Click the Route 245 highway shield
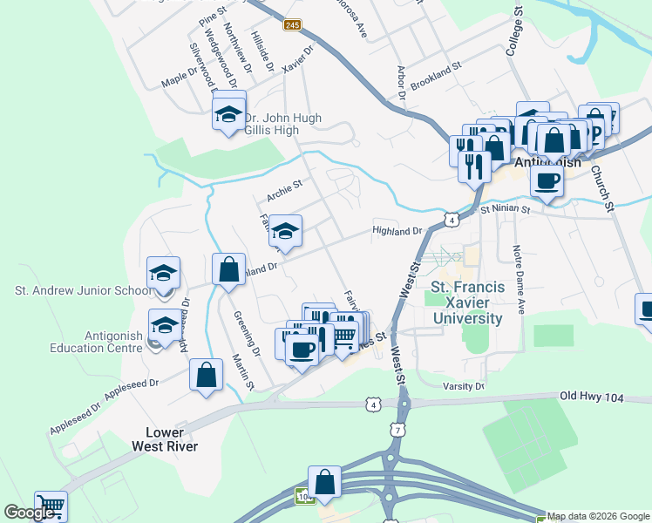[x=292, y=26]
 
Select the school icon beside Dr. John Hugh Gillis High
[x=229, y=113]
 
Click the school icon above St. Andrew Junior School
[x=163, y=273]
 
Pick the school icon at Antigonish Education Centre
[x=164, y=325]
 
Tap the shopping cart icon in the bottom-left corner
[x=51, y=505]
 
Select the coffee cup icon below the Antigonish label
[x=547, y=181]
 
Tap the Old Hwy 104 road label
[x=593, y=397]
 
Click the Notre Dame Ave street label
[x=519, y=279]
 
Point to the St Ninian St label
[x=505, y=209]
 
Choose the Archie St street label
[x=283, y=184]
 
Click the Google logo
[x=30, y=513]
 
